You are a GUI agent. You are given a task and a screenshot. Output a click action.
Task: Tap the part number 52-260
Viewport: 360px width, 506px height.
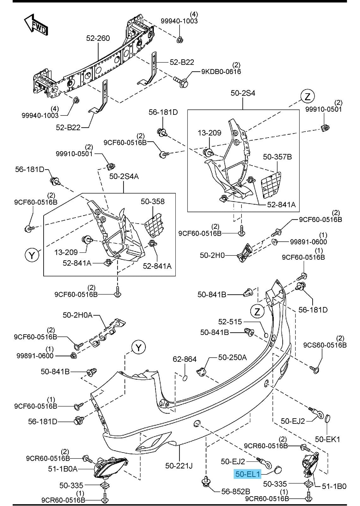(x=98, y=38)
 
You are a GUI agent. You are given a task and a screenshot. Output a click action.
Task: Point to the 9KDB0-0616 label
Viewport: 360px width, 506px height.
(x=221, y=71)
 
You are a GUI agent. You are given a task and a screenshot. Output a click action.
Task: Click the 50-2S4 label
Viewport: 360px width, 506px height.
(x=243, y=93)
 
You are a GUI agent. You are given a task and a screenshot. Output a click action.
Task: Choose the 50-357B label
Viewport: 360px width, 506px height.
(x=277, y=157)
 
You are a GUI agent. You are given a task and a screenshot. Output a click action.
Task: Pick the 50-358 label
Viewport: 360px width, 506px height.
(x=153, y=201)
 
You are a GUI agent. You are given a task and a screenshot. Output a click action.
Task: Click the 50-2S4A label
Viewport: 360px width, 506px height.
(x=124, y=176)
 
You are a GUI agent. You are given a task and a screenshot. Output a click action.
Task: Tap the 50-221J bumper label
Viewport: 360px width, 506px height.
(x=179, y=466)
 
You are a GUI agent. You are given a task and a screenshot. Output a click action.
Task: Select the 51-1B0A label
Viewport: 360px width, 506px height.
(x=63, y=469)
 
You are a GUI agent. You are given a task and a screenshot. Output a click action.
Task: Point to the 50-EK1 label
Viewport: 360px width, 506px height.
(x=327, y=439)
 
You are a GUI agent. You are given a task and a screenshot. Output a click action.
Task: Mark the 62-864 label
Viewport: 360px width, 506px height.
(x=185, y=359)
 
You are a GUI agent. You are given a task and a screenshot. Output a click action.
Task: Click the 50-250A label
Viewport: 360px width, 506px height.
(x=232, y=357)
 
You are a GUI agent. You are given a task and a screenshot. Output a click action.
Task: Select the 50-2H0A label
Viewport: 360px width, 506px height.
(x=77, y=315)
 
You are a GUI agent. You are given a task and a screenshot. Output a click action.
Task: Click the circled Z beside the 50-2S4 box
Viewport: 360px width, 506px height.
(x=308, y=96)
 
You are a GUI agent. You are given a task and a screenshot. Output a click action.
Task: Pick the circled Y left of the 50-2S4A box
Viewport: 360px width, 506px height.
(x=32, y=255)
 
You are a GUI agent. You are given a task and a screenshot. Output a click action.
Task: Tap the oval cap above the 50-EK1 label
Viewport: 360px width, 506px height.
(x=327, y=418)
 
